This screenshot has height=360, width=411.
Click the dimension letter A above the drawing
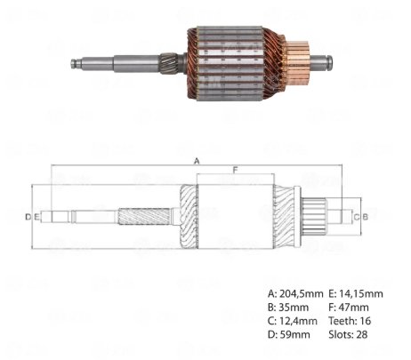197,161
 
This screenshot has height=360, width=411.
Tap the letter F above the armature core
235,170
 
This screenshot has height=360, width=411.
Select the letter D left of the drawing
28,217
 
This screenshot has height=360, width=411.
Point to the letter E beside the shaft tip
36,217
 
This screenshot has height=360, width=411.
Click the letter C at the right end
357,217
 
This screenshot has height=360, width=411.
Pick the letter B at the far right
366,217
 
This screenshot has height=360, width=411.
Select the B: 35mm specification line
288,308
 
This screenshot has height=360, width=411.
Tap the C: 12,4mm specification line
293,321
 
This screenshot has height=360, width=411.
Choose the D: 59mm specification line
289,334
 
